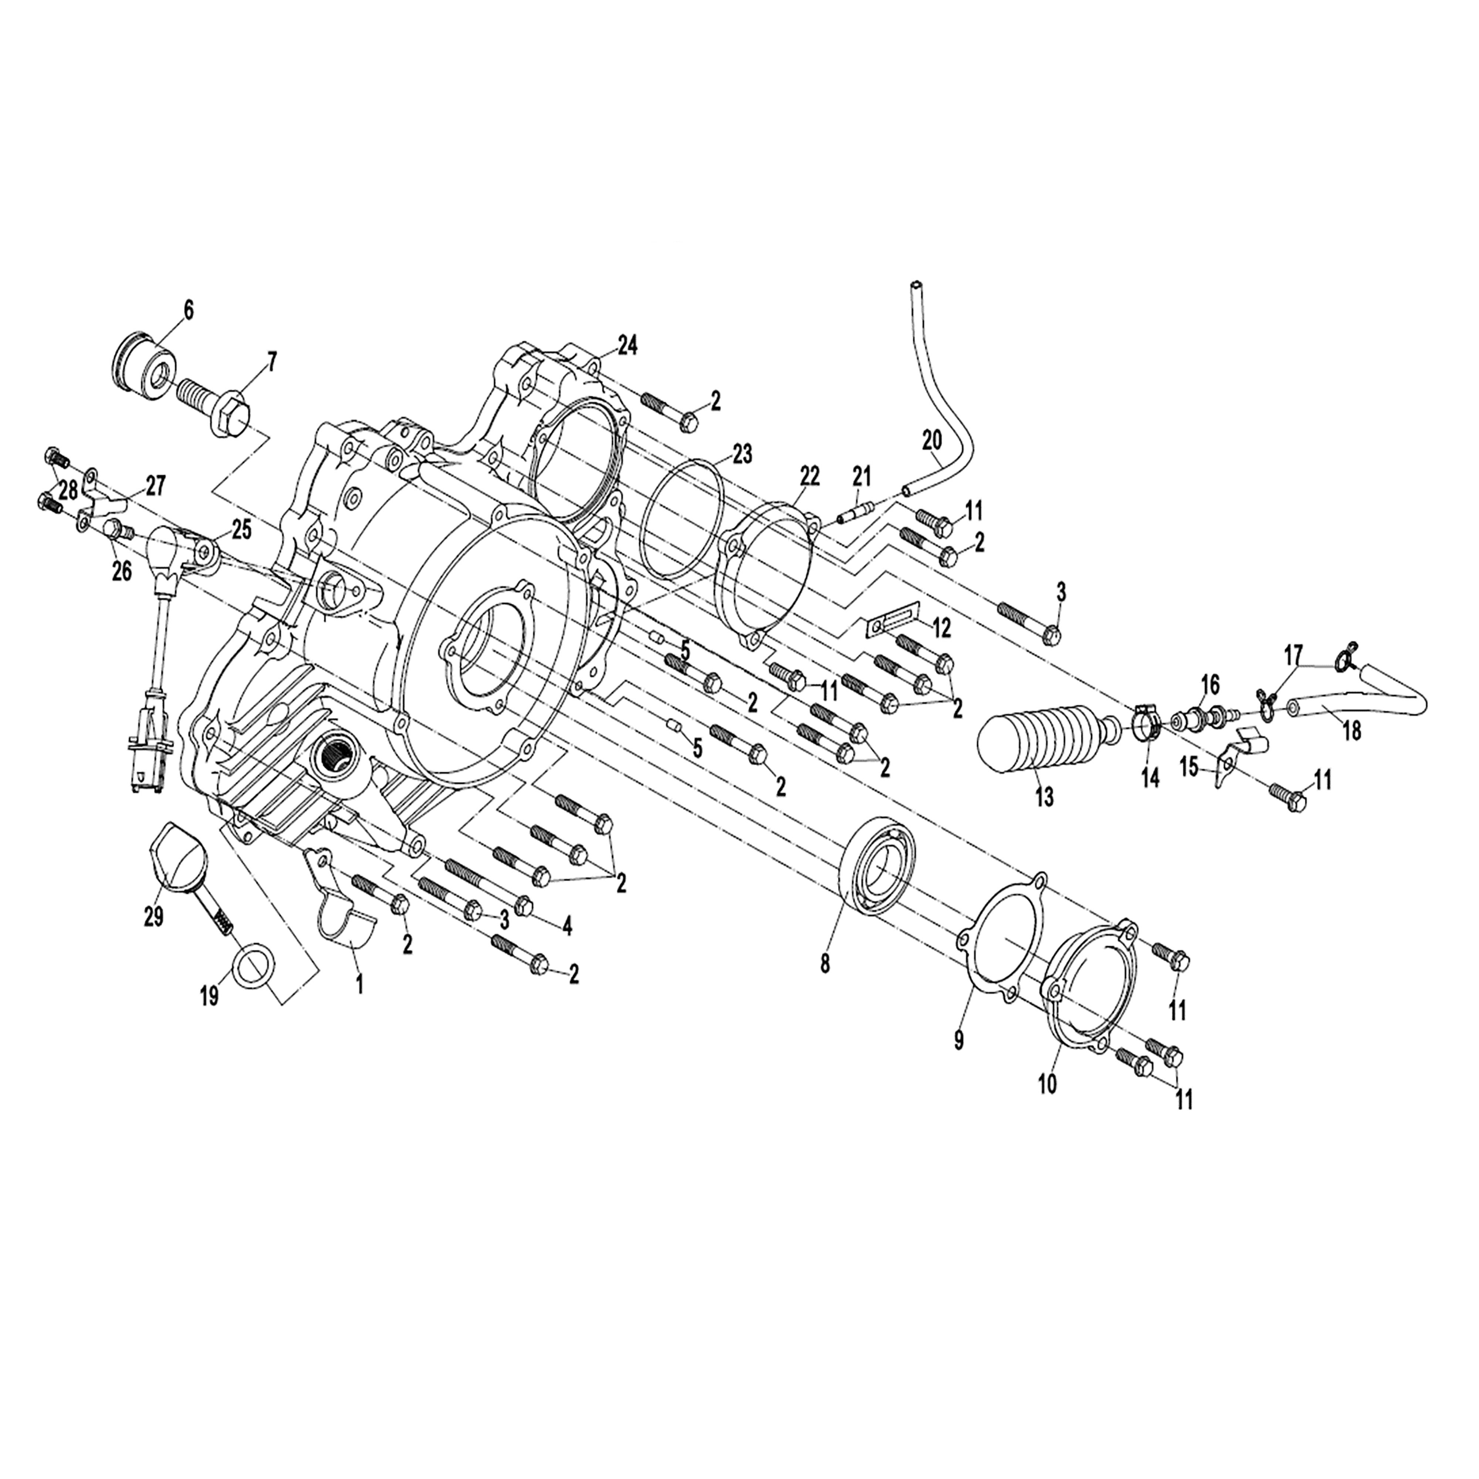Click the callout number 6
pos(188,310)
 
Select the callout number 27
pos(156,486)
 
